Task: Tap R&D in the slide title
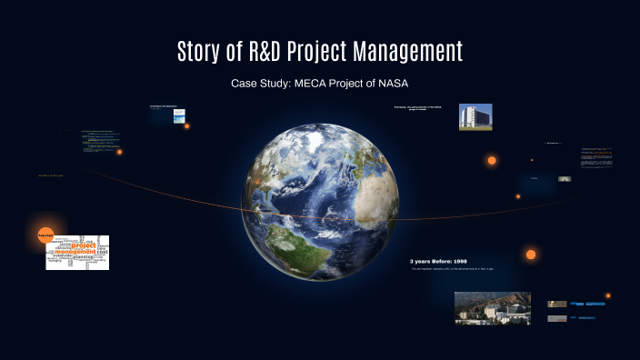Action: click(269, 51)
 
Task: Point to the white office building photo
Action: click(475, 116)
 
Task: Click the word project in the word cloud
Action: click(84, 245)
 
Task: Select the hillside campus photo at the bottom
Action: click(492, 308)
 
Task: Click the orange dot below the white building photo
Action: click(492, 160)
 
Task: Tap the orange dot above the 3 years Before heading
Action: click(531, 255)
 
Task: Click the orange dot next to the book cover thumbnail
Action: click(187, 126)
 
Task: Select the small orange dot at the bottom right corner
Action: click(608, 295)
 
